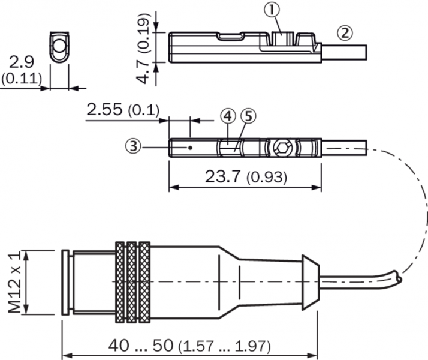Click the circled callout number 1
(272, 10)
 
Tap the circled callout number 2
(345, 34)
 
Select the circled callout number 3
(133, 146)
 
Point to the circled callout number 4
(228, 116)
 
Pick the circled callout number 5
(248, 116)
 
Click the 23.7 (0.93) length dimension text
(246, 177)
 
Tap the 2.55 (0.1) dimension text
(123, 110)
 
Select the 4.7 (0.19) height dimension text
(144, 48)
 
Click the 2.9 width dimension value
(22, 62)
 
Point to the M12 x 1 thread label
(14, 282)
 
